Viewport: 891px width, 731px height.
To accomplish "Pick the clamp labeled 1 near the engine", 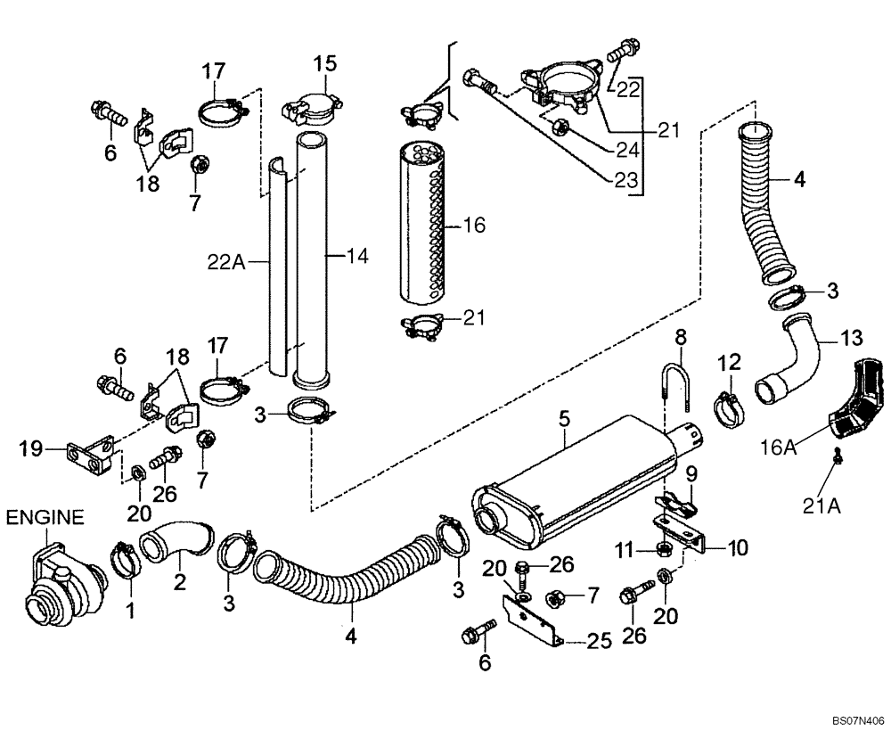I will (124, 561).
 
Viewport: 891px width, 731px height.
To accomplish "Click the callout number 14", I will (356, 257).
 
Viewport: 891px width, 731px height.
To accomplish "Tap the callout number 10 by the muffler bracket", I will (739, 546).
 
